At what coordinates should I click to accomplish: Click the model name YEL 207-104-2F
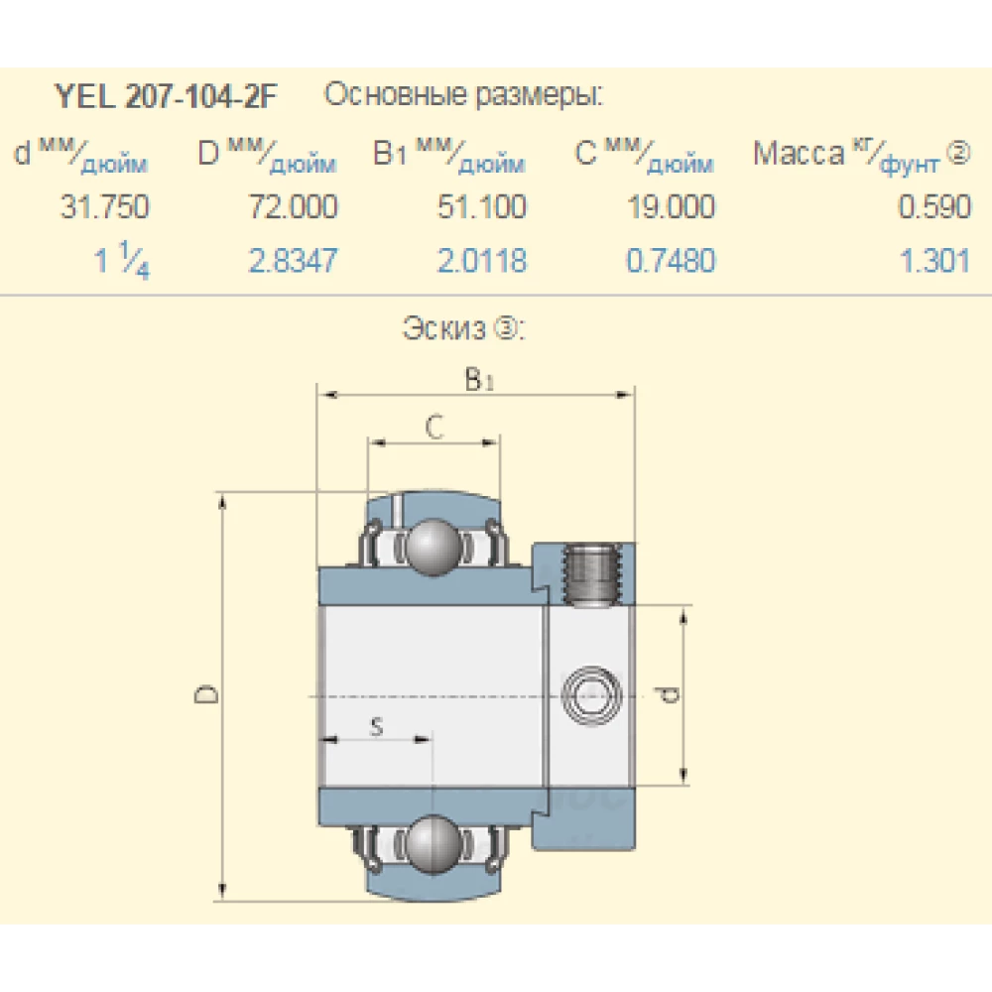166,97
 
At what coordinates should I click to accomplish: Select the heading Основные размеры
463,96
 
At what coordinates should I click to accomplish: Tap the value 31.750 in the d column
105,207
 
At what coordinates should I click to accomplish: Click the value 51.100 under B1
483,207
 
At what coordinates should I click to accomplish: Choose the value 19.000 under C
671,207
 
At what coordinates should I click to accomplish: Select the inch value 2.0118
483,261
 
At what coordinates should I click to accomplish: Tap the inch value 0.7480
671,261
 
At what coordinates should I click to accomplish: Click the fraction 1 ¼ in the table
122,263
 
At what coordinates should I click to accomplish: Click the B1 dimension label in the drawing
478,379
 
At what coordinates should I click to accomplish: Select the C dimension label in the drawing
434,427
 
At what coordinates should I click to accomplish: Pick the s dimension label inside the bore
376,727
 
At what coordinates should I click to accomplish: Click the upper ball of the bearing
433,545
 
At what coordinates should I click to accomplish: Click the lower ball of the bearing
433,842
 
